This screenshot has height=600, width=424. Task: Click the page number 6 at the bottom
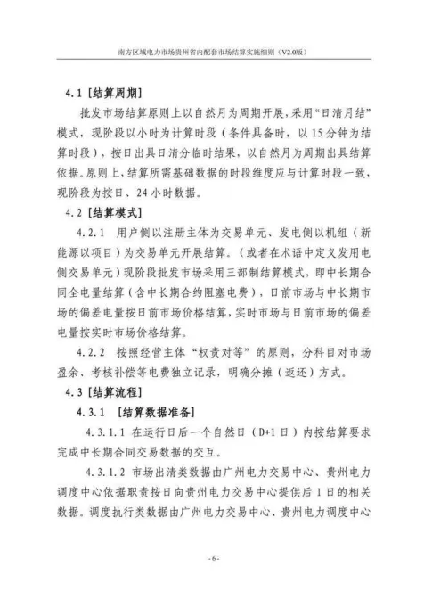[212, 559]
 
